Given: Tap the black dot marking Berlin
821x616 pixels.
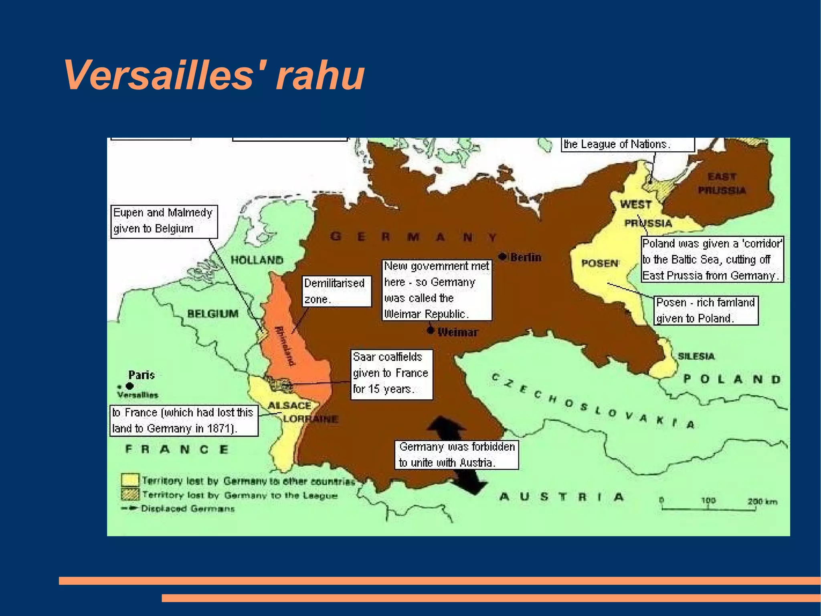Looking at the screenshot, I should [502, 256].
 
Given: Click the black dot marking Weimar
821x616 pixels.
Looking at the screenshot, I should [430, 330].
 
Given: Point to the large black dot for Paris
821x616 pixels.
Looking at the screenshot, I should [129, 386].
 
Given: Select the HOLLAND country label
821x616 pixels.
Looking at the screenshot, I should [257, 260].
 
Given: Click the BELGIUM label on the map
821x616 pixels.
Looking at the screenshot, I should [213, 313].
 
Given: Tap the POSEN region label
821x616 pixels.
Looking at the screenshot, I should [600, 263].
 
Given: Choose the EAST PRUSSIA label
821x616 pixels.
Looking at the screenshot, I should [722, 183].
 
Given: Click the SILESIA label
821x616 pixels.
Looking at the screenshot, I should [696, 356].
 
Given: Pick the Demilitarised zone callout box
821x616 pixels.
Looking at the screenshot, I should [337, 291].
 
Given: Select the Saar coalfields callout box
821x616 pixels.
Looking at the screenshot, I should [391, 374].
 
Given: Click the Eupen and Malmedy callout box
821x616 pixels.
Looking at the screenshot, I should [164, 221].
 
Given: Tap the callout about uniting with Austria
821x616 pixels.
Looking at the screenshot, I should [457, 455].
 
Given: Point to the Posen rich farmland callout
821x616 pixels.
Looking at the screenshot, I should [706, 310].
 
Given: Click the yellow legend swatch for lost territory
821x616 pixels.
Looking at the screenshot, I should [130, 480].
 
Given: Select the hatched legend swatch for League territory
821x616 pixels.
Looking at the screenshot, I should [130, 494].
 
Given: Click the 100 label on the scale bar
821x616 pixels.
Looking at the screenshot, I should [708, 500].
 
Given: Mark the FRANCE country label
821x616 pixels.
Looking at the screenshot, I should [177, 449].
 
